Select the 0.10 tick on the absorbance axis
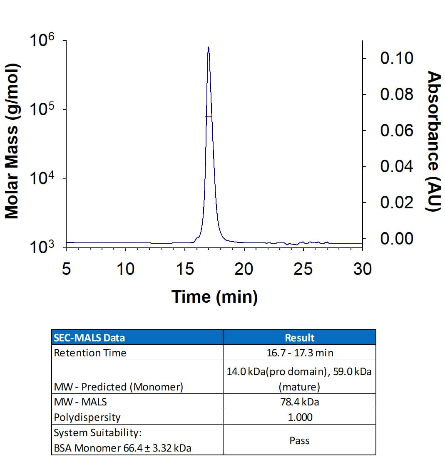pyautogui.click(x=396, y=58)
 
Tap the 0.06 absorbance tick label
pyautogui.click(x=396, y=131)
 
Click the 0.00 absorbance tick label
pyautogui.click(x=396, y=239)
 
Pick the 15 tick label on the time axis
pyautogui.click(x=184, y=269)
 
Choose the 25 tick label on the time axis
pyautogui.click(x=303, y=269)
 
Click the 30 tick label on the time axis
pyautogui.click(x=362, y=269)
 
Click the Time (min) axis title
pyautogui.click(x=214, y=296)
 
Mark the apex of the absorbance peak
pyautogui.click(x=208, y=47)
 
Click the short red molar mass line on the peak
pyautogui.click(x=209, y=117)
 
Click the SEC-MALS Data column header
pyautogui.click(x=89, y=337)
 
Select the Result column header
pyautogui.click(x=299, y=337)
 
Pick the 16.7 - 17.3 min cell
pyautogui.click(x=299, y=353)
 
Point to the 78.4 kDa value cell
pyautogui.click(x=299, y=402)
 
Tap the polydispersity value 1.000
pyautogui.click(x=299, y=417)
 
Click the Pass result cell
pyautogui.click(x=299, y=440)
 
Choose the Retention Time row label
pyautogui.click(x=90, y=353)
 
